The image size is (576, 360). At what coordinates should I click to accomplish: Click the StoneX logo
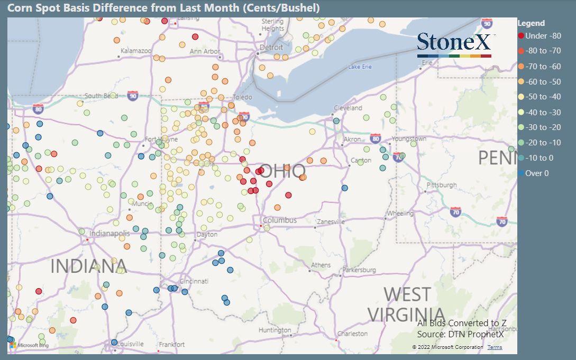click(455, 44)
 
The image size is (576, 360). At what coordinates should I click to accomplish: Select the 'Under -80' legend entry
click(540, 36)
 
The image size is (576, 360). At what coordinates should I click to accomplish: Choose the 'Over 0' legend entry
click(537, 173)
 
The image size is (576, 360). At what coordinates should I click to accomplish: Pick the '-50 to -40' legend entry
click(540, 97)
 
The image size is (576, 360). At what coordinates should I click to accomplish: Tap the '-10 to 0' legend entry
click(539, 158)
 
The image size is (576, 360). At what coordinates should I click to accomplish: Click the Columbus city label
click(280, 220)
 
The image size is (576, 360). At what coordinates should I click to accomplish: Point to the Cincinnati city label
click(194, 281)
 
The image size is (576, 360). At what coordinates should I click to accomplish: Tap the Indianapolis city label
click(109, 233)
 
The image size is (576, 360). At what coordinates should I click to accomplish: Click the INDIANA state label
click(89, 266)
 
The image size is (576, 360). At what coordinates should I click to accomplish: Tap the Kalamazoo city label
click(136, 51)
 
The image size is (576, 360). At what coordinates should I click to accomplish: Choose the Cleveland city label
click(348, 108)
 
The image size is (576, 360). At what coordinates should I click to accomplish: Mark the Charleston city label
click(353, 334)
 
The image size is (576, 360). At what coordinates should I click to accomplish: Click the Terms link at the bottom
click(495, 347)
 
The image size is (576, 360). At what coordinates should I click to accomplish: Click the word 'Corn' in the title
click(20, 8)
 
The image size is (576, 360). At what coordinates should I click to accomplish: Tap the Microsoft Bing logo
click(29, 345)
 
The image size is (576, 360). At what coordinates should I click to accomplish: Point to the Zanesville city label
click(332, 221)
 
